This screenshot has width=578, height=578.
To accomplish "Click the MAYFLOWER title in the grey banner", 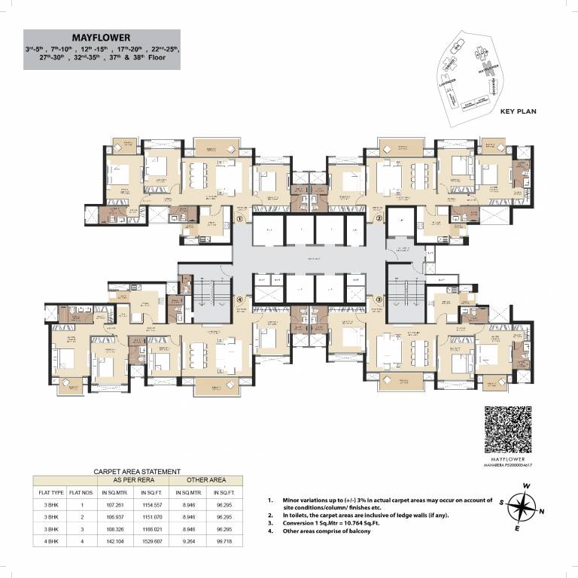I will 102,37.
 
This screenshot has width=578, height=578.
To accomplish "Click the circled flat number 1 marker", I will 239,219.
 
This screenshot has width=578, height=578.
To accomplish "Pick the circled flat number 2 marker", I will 379,219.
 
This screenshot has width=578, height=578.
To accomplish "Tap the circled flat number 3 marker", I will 379,299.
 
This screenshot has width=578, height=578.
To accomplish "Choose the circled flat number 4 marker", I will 239,299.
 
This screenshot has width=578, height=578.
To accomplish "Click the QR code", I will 508,428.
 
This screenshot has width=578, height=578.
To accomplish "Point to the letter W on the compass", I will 530,485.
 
